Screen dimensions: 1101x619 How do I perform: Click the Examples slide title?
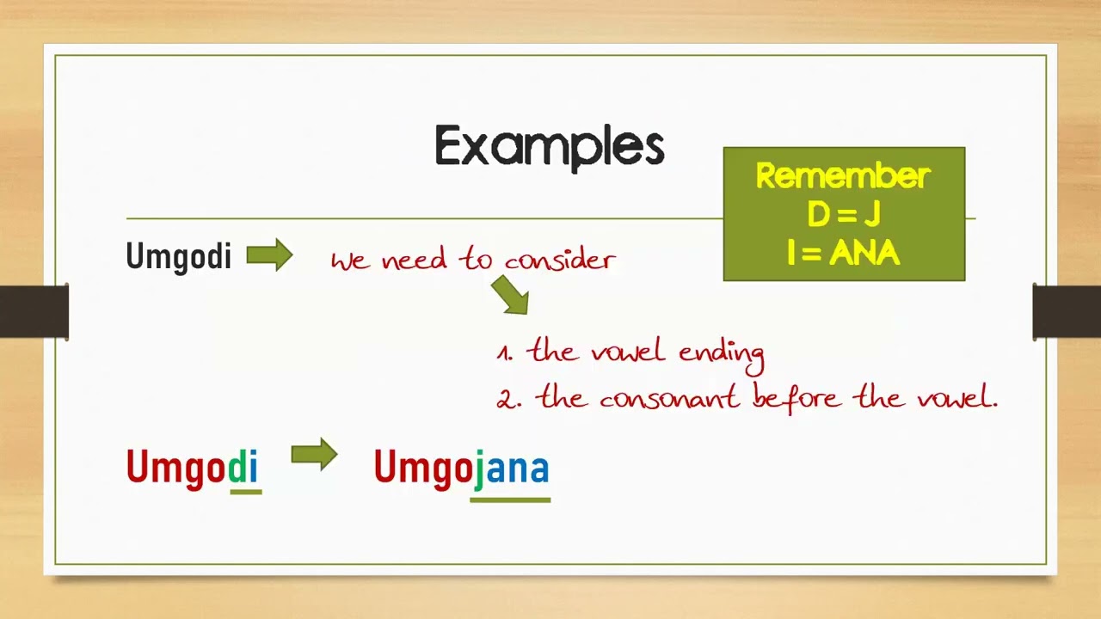click(550, 147)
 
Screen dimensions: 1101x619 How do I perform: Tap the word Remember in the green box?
click(843, 175)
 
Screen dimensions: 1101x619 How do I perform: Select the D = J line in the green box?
click(844, 214)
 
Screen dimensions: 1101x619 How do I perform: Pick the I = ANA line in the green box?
click(844, 253)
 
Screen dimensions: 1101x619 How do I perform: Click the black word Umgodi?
click(178, 257)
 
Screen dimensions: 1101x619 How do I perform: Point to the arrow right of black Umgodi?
click(269, 255)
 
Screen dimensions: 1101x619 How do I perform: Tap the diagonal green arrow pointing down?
click(511, 294)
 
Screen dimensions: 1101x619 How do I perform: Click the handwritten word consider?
click(560, 260)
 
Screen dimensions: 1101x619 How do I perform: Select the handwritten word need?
click(415, 259)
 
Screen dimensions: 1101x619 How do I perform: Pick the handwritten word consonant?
click(669, 398)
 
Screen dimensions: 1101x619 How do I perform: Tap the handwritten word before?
click(797, 397)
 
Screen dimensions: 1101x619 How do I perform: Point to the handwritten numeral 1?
click(504, 353)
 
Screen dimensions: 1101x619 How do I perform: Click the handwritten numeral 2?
click(507, 400)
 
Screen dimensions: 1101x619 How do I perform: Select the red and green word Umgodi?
click(192, 467)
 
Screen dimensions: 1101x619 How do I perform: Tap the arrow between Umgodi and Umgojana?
click(315, 455)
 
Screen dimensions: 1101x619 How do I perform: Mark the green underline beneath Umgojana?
click(510, 500)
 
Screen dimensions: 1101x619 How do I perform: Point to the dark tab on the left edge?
click(34, 311)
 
